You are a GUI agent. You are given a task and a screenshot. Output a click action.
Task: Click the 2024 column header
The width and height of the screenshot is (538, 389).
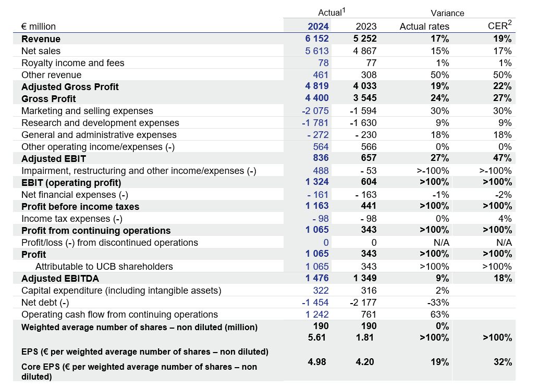click(318, 27)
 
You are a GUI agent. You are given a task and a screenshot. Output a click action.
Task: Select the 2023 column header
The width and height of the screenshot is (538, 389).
click(366, 27)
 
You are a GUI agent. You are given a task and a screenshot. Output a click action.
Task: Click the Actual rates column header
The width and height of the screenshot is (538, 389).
click(424, 27)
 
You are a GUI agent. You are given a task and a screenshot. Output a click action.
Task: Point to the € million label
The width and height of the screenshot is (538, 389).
click(39, 27)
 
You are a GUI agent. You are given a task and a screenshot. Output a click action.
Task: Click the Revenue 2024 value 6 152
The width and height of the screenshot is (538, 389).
click(317, 39)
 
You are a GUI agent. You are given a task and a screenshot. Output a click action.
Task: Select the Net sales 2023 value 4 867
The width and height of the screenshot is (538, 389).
click(365, 51)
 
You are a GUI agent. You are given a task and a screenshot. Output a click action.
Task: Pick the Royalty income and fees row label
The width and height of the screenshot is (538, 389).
click(73, 62)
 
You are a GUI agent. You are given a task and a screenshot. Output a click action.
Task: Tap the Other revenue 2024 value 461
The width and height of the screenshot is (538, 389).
click(321, 74)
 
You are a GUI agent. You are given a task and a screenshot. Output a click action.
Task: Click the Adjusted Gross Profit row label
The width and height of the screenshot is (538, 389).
click(70, 87)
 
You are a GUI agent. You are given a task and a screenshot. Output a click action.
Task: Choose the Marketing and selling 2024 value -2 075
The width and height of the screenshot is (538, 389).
click(315, 111)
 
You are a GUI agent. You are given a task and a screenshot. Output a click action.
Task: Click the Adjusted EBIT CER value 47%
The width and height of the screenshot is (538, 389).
click(503, 158)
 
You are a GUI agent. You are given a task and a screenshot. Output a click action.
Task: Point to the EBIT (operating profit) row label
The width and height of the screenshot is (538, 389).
click(71, 183)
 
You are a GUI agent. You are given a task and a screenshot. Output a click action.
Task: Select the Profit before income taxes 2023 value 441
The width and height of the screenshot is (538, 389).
click(369, 206)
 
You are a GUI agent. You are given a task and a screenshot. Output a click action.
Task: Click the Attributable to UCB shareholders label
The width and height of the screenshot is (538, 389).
click(104, 266)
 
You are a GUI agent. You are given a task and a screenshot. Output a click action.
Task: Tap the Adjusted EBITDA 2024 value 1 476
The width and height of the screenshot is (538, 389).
click(317, 278)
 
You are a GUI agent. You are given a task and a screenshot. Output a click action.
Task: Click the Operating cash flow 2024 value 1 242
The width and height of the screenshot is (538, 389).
click(317, 315)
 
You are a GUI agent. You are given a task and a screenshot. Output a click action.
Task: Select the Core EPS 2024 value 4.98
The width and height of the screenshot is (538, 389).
click(316, 361)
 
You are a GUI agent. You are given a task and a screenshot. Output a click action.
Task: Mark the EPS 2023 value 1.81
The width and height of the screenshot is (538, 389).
click(365, 337)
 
